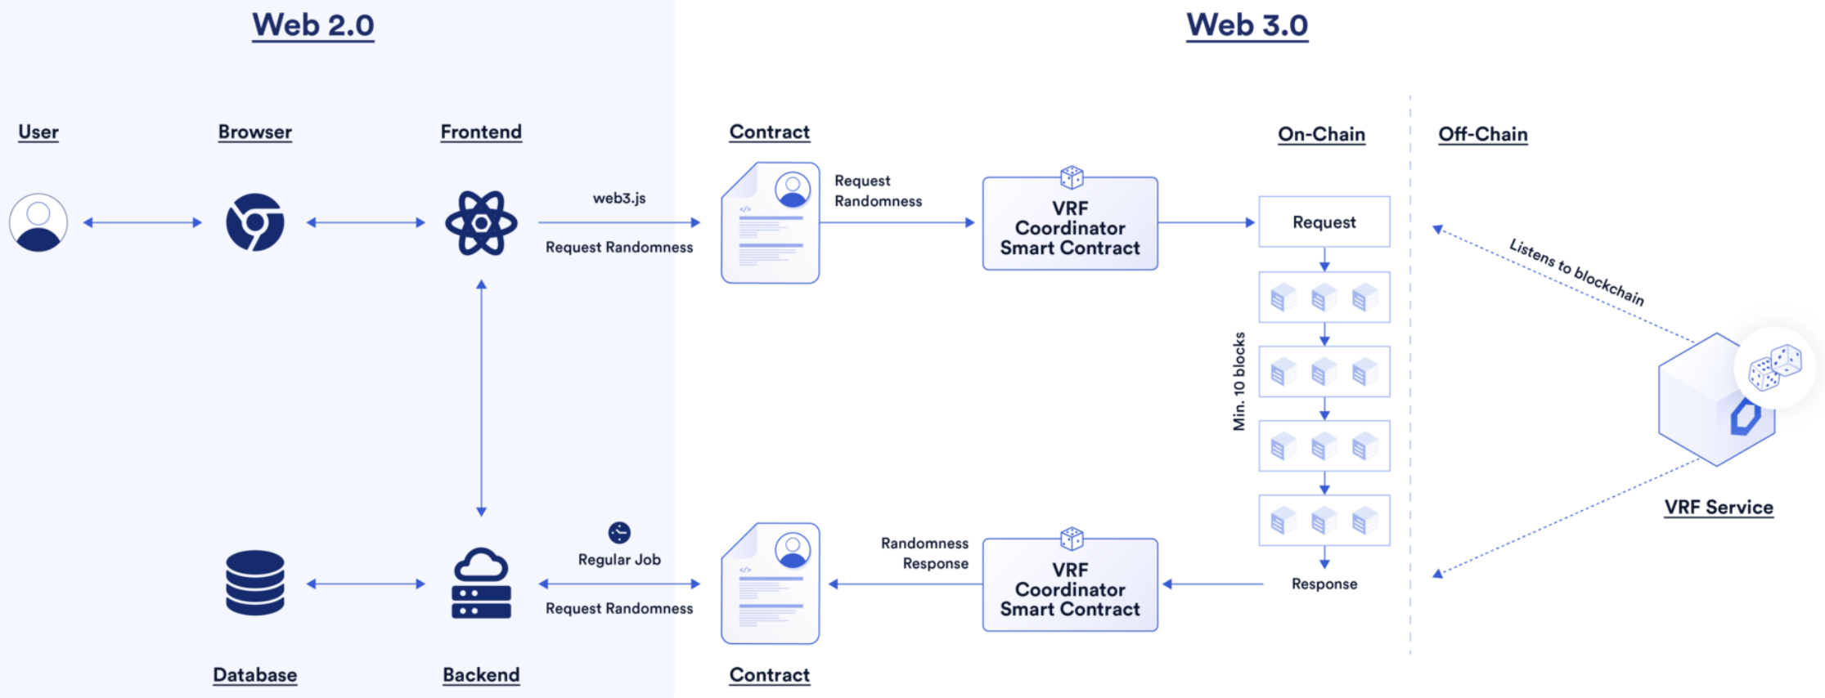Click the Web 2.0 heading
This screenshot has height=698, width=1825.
tap(313, 25)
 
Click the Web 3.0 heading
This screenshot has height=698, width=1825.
tap(1247, 25)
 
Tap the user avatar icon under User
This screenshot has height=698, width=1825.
tap(38, 222)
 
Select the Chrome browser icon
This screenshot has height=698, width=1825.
tap(255, 222)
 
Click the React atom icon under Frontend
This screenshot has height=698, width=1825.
tap(481, 222)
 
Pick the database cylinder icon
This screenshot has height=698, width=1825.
tap(255, 583)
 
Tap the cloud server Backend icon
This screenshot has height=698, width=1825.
tap(481, 583)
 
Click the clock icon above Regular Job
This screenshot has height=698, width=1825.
tap(619, 533)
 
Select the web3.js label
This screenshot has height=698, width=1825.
tap(619, 198)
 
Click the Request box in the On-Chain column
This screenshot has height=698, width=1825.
tap(1324, 221)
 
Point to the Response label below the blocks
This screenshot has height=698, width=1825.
tap(1324, 584)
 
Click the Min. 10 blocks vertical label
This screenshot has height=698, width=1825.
tap(1239, 381)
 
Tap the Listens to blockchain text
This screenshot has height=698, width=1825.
tap(1576, 272)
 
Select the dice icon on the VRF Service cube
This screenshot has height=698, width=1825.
tap(1774, 367)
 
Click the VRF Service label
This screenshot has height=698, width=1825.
tap(1719, 508)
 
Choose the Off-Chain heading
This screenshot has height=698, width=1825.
tap(1483, 134)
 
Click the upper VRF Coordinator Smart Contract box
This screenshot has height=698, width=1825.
tap(1070, 223)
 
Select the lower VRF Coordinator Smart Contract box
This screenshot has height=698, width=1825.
tap(1070, 584)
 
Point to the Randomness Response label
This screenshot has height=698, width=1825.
tap(924, 553)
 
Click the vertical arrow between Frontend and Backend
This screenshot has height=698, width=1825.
tap(481, 398)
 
